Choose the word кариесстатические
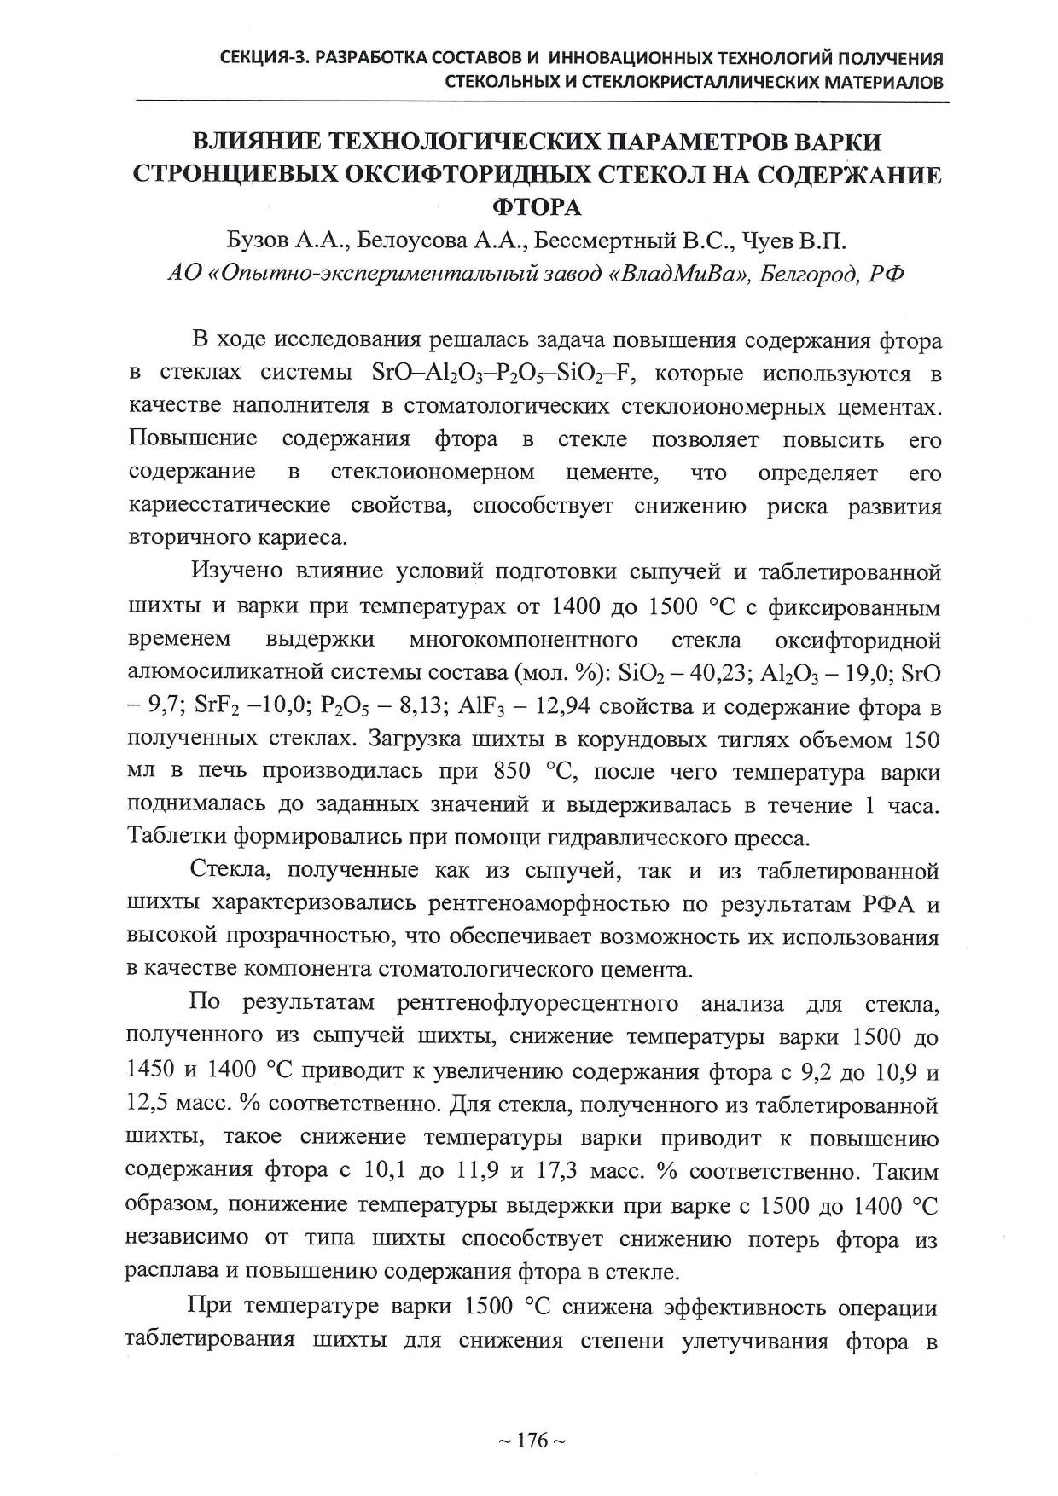tap(230, 506)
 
